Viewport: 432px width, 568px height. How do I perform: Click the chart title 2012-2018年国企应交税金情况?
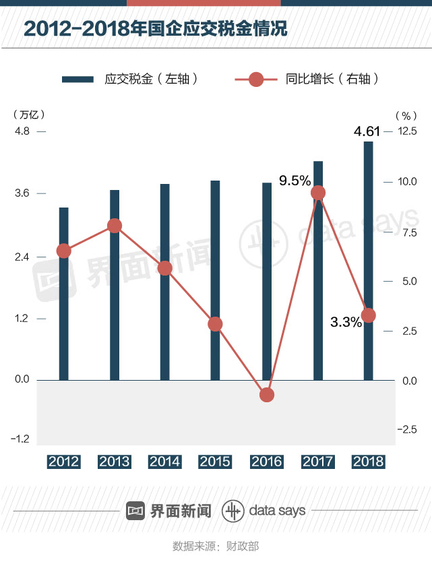click(x=155, y=30)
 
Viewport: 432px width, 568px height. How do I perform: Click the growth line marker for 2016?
click(x=267, y=395)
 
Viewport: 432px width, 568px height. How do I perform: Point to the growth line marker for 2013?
click(x=115, y=226)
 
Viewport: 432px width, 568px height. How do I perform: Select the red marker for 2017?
click(x=318, y=193)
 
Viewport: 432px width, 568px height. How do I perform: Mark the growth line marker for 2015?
click(x=215, y=324)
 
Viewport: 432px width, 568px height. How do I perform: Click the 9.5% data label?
click(x=295, y=181)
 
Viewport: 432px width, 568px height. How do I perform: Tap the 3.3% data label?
click(x=346, y=322)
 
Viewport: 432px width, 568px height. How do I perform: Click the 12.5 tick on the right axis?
click(x=406, y=131)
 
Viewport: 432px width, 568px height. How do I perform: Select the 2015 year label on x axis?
click(x=215, y=462)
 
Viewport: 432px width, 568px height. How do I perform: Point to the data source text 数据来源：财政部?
click(x=216, y=546)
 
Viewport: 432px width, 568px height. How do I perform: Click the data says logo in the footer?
click(x=264, y=510)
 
